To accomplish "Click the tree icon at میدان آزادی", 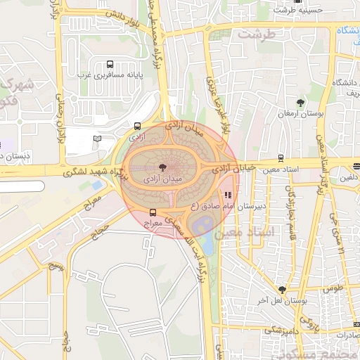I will point(162,167).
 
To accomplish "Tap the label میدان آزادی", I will point(162,179).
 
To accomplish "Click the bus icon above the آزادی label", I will point(136,126).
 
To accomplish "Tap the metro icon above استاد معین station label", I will point(281,157).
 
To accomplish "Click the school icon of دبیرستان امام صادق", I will point(227,195).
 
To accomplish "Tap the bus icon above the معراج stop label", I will point(153,212).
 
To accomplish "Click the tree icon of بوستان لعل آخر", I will point(282,289).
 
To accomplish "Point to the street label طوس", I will point(332,288).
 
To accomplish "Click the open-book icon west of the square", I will point(97,139).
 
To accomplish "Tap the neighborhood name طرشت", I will point(255,33).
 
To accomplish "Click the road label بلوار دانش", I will point(124,13).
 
